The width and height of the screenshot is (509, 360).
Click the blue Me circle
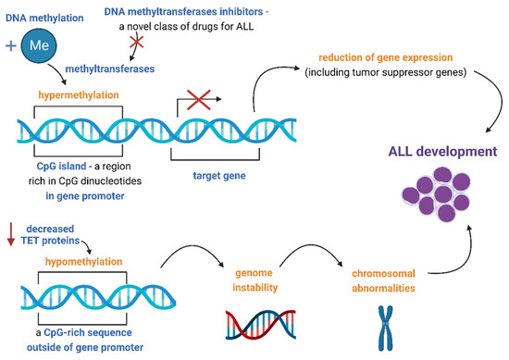[x=39, y=45]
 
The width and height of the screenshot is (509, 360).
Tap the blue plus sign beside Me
[x=11, y=45]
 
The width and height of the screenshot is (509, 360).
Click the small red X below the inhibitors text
[x=137, y=42]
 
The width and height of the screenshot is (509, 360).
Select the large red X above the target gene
[x=199, y=100]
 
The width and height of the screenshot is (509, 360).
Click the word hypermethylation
[x=79, y=95]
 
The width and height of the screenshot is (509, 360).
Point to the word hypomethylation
[x=83, y=262]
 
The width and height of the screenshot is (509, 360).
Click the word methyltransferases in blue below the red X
[x=110, y=68]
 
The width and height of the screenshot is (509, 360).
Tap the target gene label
[x=219, y=176]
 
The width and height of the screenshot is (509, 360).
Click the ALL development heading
[x=442, y=151]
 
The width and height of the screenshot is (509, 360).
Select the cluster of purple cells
[x=436, y=194]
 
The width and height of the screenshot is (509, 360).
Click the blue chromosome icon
[x=385, y=328]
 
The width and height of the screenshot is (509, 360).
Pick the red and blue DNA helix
[x=261, y=325]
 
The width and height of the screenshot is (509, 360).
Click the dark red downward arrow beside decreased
[x=11, y=234]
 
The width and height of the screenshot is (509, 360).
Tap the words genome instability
[x=255, y=280]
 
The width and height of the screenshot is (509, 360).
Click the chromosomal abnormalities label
[x=383, y=280]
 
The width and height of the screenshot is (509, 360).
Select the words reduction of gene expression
[x=386, y=57]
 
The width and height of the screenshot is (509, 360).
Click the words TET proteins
[x=50, y=241]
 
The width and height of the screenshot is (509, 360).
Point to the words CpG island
[x=61, y=167]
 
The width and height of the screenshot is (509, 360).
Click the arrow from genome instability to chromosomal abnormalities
[x=312, y=245]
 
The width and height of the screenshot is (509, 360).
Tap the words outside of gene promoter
[x=85, y=347]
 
